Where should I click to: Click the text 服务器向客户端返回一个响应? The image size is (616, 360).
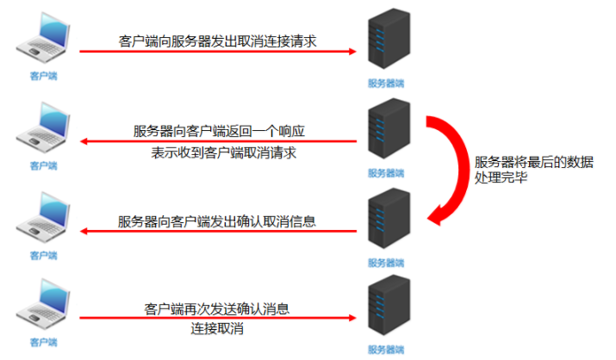(220, 131)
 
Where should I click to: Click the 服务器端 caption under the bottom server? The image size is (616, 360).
(386, 349)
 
